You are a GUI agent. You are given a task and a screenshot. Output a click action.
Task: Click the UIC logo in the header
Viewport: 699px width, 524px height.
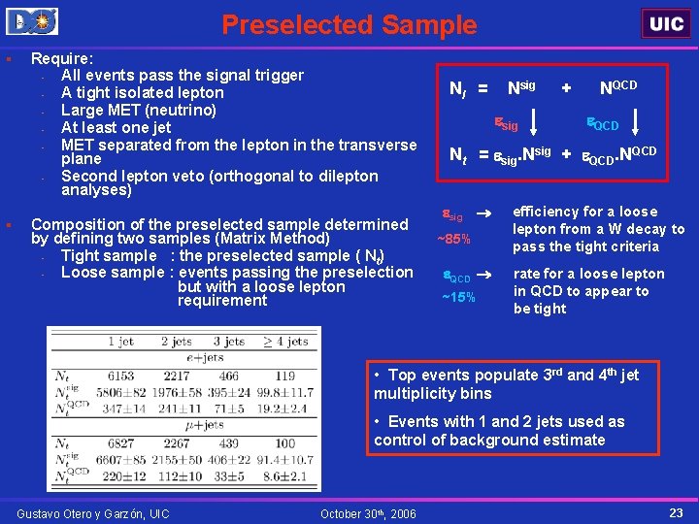click(666, 23)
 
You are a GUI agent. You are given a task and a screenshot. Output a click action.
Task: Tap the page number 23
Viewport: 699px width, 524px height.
click(676, 511)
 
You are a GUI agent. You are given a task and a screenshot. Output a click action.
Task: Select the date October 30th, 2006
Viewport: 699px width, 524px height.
click(368, 513)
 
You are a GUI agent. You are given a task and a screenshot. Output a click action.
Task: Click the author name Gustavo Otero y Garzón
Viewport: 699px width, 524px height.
click(93, 513)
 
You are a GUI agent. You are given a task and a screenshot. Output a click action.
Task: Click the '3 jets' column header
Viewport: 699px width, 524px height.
click(229, 341)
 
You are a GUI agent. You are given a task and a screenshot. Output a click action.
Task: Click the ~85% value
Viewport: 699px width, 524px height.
click(453, 239)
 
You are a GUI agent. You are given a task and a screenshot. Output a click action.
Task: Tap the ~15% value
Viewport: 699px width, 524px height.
click(458, 297)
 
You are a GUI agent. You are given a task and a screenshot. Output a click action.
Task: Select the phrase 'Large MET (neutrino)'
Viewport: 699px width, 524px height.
click(138, 110)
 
